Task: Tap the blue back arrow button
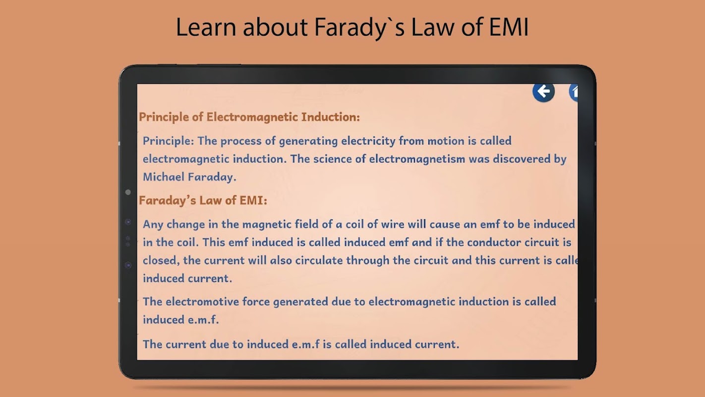[x=543, y=92]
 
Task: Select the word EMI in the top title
[x=509, y=27]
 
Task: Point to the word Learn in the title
[x=206, y=27]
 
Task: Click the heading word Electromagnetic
[x=252, y=117]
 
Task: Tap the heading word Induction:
[x=331, y=117]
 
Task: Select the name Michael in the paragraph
[x=164, y=177]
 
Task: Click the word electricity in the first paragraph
[x=368, y=141]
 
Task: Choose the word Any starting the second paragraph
[x=153, y=225]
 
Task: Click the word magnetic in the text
[x=267, y=225]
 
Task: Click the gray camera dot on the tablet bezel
[x=128, y=192]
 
